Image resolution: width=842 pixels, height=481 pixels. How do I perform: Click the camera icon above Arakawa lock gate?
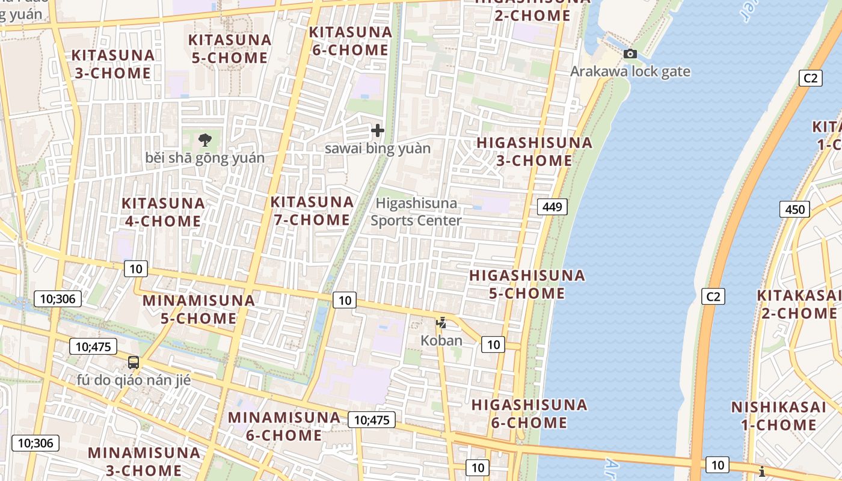click(630, 54)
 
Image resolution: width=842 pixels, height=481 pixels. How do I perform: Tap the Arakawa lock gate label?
click(630, 72)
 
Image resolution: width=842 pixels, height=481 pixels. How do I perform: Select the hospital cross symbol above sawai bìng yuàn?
click(378, 130)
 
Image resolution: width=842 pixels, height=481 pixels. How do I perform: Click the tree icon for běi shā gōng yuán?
click(205, 140)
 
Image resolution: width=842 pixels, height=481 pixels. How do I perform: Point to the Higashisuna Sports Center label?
click(416, 212)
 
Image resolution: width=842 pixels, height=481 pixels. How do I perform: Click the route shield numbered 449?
click(552, 207)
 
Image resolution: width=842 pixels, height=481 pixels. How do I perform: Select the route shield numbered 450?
click(794, 209)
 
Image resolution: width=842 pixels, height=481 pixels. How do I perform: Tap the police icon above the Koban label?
click(441, 322)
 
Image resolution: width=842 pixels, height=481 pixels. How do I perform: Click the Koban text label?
click(441, 340)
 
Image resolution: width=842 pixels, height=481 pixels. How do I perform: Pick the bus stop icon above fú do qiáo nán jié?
click(134, 363)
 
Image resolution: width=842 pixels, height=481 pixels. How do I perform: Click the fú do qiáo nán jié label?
click(134, 380)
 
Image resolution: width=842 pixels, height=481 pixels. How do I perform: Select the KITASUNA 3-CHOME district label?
click(112, 64)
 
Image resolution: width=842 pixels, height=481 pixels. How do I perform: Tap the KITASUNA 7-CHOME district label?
click(312, 211)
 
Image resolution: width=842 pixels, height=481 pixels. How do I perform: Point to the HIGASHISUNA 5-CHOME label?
click(518, 284)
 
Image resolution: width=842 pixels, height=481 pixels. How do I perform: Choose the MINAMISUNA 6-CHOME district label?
click(284, 426)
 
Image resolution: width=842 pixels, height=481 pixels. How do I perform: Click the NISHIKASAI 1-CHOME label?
click(778, 416)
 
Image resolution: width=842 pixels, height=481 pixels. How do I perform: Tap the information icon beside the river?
click(762, 471)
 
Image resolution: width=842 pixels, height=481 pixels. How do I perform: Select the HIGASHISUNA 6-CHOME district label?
click(529, 414)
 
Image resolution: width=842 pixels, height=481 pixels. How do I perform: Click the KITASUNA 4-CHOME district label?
click(163, 212)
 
